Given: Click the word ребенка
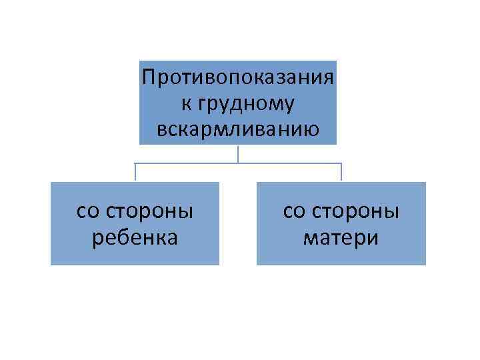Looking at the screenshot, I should [135, 237].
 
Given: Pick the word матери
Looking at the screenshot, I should [341, 237].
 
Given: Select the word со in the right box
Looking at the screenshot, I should [293, 212].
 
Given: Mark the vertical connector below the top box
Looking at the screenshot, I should [238, 153].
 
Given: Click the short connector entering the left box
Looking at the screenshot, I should [135, 172].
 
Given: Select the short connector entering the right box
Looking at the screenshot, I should [341, 172].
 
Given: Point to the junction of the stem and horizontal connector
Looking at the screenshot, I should [238, 163].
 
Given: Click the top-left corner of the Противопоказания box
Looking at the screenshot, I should [140, 61].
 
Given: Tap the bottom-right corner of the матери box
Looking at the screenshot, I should [425, 264].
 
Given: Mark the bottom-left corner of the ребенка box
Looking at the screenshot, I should [51, 264].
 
